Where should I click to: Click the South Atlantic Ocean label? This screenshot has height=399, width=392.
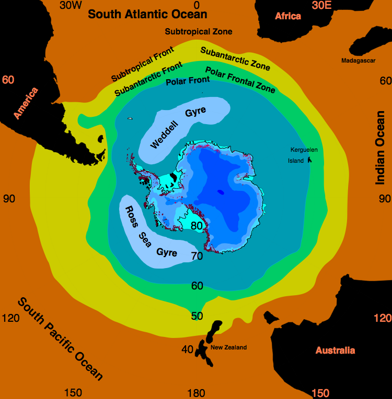[147, 14]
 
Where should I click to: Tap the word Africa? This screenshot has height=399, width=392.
[288, 16]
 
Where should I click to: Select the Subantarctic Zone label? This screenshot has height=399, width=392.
[235, 58]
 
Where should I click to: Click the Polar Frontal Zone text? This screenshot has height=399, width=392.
[240, 79]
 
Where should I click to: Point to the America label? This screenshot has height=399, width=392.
[26, 103]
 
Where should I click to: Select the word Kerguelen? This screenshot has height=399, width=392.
[304, 150]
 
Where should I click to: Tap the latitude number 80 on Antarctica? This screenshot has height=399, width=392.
[197, 226]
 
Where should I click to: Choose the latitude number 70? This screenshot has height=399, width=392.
[197, 256]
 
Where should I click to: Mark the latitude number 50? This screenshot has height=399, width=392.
[197, 316]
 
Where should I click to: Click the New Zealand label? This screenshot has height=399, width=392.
[228, 347]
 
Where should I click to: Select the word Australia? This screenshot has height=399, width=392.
[335, 350]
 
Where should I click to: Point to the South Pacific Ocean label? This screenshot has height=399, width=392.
[60, 338]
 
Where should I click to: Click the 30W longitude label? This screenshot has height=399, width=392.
[71, 5]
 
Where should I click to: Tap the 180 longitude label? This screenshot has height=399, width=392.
[196, 393]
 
